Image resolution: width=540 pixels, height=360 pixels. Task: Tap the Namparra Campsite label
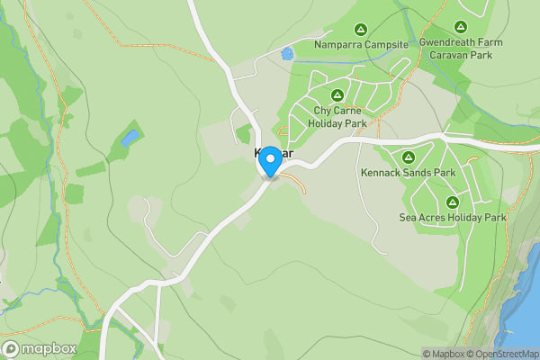click(x=361, y=44)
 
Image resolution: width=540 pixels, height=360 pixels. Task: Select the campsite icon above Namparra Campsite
click(x=361, y=29)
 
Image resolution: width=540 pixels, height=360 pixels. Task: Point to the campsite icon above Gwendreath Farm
click(x=461, y=28)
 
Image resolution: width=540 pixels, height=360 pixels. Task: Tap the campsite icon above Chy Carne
click(x=337, y=94)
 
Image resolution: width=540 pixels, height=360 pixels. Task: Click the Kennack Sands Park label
click(x=408, y=172)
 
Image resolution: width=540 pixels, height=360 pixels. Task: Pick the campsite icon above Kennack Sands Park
click(x=408, y=157)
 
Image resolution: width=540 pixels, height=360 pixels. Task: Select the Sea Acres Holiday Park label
click(x=453, y=217)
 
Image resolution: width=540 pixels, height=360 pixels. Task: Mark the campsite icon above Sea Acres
click(x=453, y=201)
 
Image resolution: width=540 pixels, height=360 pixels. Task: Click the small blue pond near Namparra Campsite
click(x=287, y=54)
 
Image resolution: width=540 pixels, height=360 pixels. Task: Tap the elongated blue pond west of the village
click(x=130, y=138)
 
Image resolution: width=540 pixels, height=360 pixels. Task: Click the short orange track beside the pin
click(x=295, y=183)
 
